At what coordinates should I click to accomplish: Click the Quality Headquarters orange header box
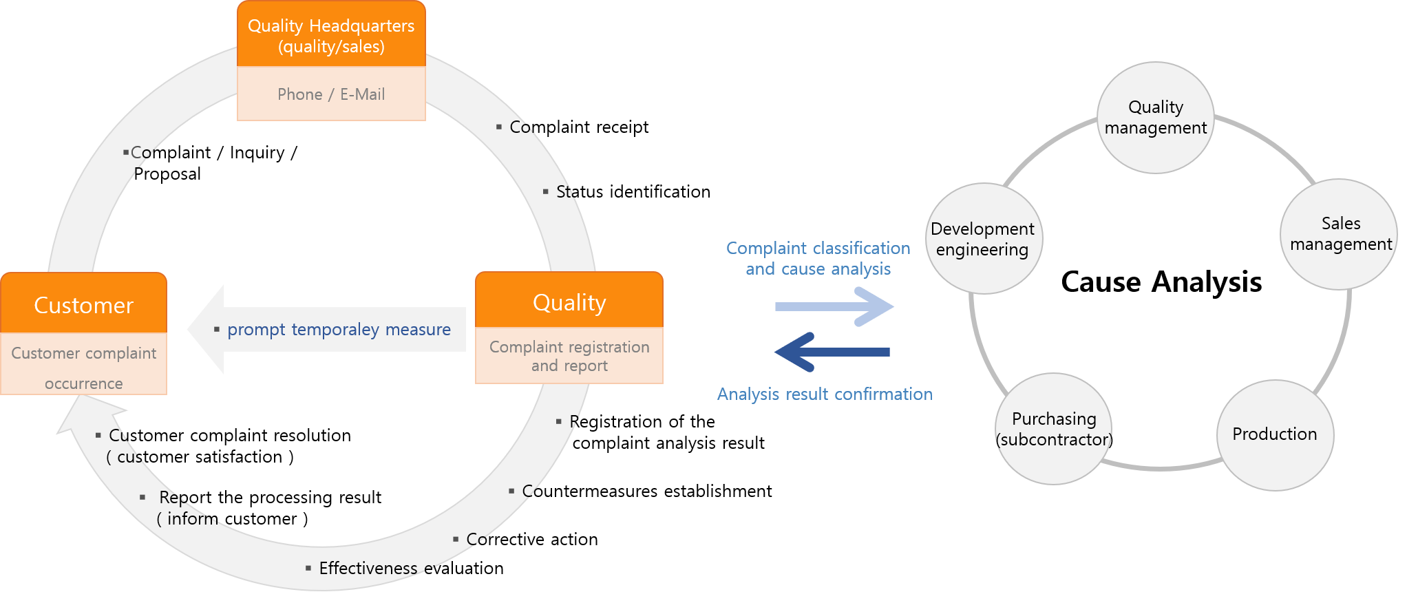pyautogui.click(x=331, y=35)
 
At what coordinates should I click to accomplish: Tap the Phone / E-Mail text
pyautogui.click(x=331, y=94)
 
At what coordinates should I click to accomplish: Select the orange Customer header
pyautogui.click(x=83, y=304)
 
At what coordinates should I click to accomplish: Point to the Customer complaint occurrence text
pyautogui.click(x=83, y=368)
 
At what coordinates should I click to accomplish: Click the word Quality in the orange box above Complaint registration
pyautogui.click(x=569, y=302)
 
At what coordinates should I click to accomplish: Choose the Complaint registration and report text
pyautogui.click(x=569, y=356)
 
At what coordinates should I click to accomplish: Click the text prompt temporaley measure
pyautogui.click(x=339, y=330)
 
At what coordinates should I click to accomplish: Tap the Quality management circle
pyautogui.click(x=1155, y=118)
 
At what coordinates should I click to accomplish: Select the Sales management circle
pyautogui.click(x=1339, y=234)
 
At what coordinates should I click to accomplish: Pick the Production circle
pyautogui.click(x=1275, y=434)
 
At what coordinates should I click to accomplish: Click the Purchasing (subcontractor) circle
pyautogui.click(x=1054, y=429)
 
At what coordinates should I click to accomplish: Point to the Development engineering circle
pyautogui.click(x=983, y=239)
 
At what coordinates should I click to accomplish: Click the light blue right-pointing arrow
pyautogui.click(x=834, y=306)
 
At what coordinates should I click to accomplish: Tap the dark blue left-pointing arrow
pyautogui.click(x=832, y=352)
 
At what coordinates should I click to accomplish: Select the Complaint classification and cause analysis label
pyautogui.click(x=818, y=258)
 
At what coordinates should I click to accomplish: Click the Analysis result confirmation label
pyautogui.click(x=825, y=394)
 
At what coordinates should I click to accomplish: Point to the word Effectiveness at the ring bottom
pyautogui.click(x=368, y=568)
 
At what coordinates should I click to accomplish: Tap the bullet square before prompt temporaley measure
pyautogui.click(x=216, y=330)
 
